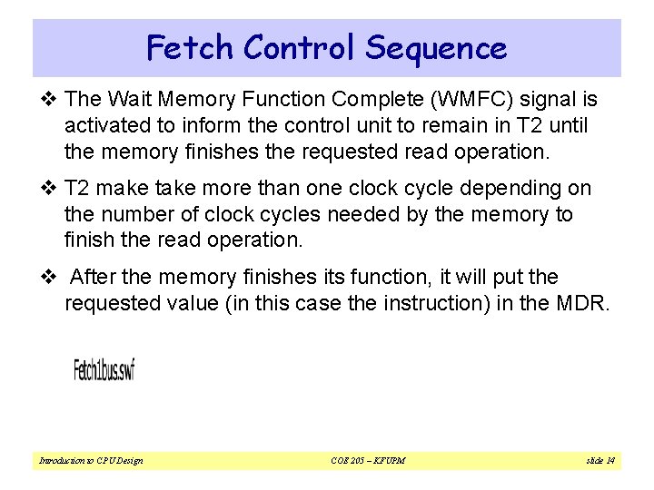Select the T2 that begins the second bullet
click(78, 189)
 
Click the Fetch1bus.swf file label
click(104, 369)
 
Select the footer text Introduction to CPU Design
click(91, 461)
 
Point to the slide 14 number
click(599, 461)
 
